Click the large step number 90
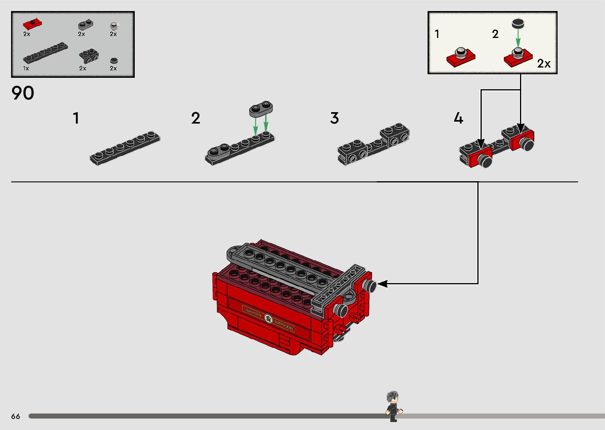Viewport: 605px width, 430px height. pyautogui.click(x=23, y=93)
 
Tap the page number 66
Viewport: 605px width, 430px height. pyautogui.click(x=15, y=416)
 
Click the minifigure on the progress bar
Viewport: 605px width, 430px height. pyautogui.click(x=393, y=406)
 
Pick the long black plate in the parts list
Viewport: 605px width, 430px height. pyautogui.click(x=45, y=53)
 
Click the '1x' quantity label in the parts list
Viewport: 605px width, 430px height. pyautogui.click(x=26, y=68)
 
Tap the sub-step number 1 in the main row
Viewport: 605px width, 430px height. pyautogui.click(x=76, y=118)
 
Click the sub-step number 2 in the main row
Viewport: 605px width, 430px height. pyautogui.click(x=196, y=118)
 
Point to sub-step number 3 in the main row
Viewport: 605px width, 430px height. pyautogui.click(x=334, y=118)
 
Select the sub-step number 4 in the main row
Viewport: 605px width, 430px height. pyautogui.click(x=458, y=118)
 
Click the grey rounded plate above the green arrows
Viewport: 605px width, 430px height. pyautogui.click(x=261, y=108)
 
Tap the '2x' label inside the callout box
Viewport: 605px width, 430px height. pyautogui.click(x=544, y=64)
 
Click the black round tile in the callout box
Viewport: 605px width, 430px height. pyautogui.click(x=518, y=23)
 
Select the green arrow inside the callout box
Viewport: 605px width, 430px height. pyautogui.click(x=518, y=39)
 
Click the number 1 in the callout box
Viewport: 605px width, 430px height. pyautogui.click(x=437, y=34)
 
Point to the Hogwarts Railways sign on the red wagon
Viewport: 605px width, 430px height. pyautogui.click(x=268, y=318)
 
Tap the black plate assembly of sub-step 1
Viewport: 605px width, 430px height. pyautogui.click(x=125, y=148)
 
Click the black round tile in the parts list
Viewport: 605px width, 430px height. pyautogui.click(x=114, y=60)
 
